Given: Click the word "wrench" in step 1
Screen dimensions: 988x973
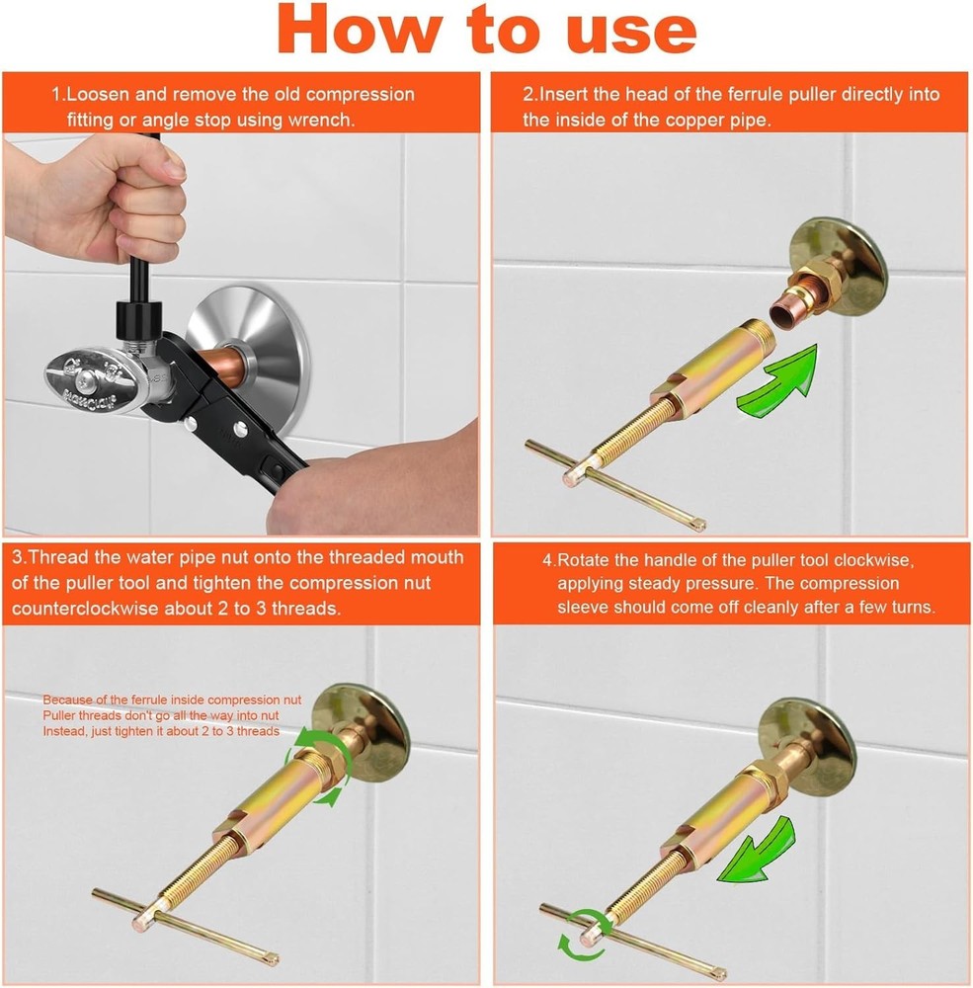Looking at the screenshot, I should tap(322, 120).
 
